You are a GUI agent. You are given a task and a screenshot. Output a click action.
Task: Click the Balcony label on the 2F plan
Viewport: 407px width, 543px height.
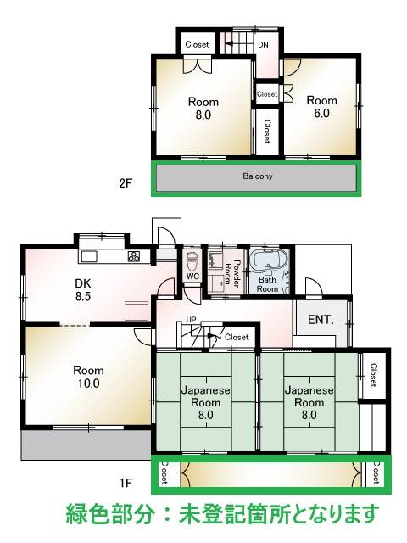[x=258, y=176]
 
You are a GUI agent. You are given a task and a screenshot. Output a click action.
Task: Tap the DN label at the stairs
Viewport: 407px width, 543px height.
[x=263, y=45]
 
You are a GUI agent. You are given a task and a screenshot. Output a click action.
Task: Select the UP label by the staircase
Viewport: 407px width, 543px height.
[x=191, y=320]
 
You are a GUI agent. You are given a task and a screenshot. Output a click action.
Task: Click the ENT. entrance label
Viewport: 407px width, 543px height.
[x=321, y=320]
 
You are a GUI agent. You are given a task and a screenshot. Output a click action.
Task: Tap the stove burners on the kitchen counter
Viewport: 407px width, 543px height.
[x=134, y=256]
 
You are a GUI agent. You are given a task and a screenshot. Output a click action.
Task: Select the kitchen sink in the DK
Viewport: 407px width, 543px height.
[x=89, y=257]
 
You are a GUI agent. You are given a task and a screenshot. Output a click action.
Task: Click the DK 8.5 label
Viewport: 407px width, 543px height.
[x=83, y=290]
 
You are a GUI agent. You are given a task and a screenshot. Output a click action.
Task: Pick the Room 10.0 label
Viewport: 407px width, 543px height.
[x=88, y=377]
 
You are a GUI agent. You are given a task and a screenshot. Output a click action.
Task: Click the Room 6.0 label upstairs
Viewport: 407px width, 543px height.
[x=321, y=107]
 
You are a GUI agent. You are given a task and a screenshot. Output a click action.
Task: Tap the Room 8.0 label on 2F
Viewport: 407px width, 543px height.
[x=203, y=109]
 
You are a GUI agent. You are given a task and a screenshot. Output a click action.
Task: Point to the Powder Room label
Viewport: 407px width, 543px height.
[x=232, y=273]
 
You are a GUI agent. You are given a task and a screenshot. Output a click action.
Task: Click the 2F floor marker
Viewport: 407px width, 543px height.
[x=125, y=182]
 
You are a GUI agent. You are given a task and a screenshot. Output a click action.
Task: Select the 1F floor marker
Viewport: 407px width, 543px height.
[x=126, y=483]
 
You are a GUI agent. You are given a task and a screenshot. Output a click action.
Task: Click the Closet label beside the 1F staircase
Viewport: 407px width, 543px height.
[x=237, y=337]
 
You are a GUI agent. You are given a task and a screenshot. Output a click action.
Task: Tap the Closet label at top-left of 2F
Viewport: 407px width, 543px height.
[x=198, y=44]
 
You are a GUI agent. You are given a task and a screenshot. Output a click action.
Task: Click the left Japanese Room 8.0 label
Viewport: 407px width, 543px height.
[x=205, y=402]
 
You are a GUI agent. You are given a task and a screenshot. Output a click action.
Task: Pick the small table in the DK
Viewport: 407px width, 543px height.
[x=137, y=311]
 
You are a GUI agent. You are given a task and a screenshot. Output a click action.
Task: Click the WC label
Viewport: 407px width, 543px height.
[x=192, y=277]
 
